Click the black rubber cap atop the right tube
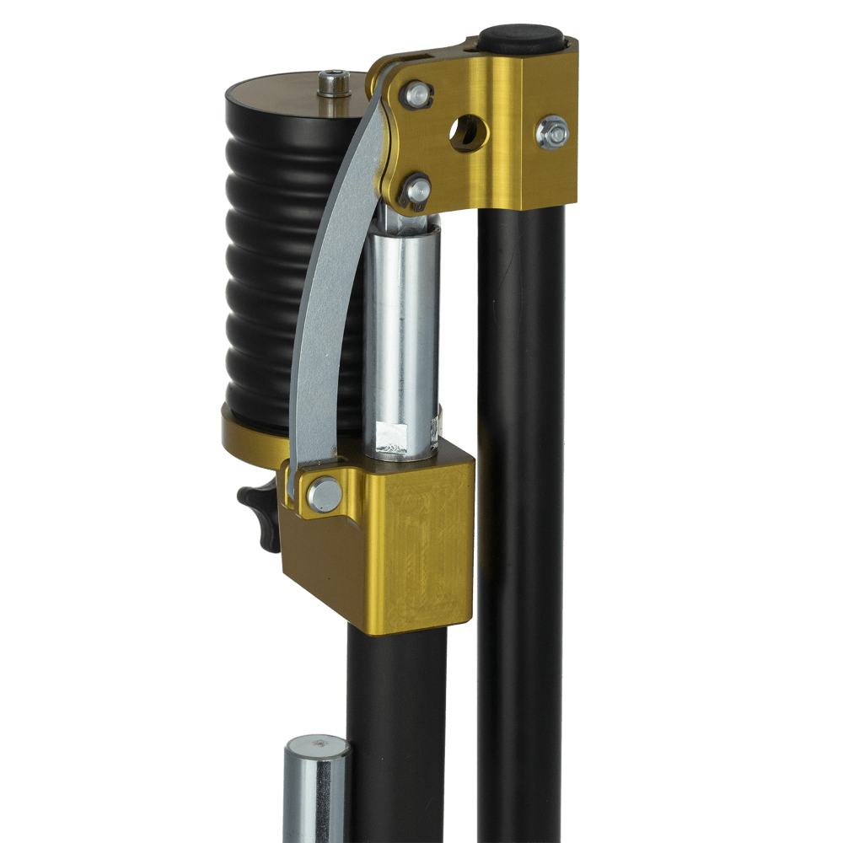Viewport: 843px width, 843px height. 521,38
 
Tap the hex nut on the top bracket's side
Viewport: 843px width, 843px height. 552,133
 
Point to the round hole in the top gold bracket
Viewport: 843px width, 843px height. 467,133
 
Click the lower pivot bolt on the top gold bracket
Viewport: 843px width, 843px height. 415,189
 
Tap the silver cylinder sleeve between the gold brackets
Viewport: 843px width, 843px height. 401,329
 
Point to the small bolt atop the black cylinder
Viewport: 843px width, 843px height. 334,83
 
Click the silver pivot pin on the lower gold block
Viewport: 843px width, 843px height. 325,494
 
